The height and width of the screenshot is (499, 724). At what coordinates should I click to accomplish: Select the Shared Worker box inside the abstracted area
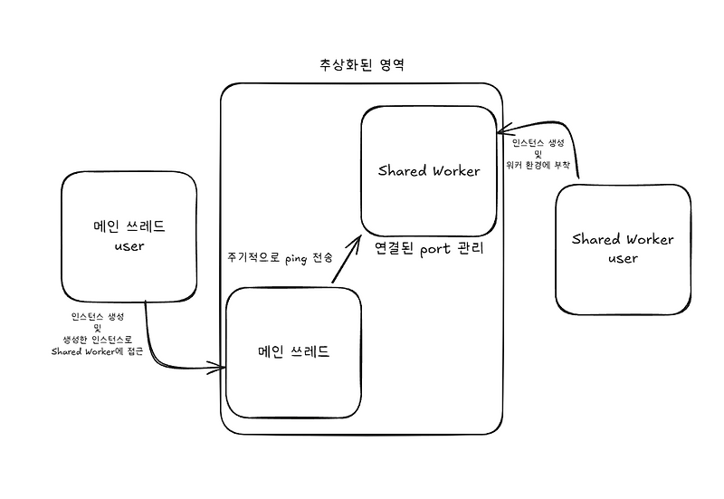[428, 170]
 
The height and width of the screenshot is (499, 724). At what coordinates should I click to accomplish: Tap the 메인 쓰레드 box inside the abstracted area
[293, 351]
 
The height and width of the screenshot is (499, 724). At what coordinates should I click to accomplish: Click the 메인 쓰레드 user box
[129, 235]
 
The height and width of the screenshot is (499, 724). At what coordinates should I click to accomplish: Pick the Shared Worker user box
[623, 249]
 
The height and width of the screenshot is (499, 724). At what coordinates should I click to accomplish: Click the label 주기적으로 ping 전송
[280, 258]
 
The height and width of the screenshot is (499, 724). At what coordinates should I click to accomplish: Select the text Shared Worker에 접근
[98, 351]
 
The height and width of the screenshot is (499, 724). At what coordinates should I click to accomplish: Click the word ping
[296, 258]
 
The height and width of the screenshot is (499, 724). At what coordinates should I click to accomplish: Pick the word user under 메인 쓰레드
[129, 245]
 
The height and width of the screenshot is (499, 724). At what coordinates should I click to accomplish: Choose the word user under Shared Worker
[623, 259]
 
